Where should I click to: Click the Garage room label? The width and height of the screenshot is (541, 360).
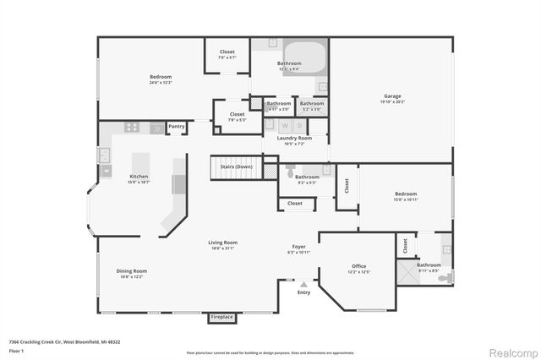[391, 96]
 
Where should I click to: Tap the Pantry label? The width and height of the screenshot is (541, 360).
[177, 127]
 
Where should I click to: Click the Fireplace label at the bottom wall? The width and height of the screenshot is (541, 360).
[221, 317]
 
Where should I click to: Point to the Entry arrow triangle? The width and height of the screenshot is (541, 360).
[303, 285]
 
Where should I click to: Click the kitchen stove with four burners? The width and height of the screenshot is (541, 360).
[132, 128]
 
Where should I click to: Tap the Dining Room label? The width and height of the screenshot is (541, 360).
[132, 270]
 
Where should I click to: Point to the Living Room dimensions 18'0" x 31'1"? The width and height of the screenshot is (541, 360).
[223, 249]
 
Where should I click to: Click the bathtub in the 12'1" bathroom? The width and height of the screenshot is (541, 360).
[303, 57]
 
